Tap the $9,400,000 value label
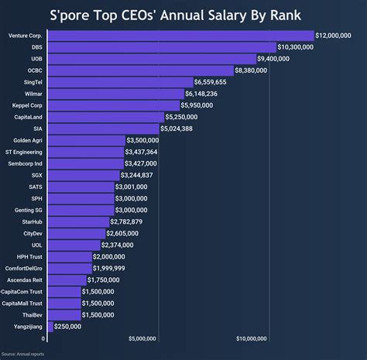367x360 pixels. point(278,59)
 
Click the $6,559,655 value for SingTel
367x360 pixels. point(211,82)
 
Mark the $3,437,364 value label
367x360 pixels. point(141,152)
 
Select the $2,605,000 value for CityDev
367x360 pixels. point(124,233)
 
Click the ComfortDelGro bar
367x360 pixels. point(69,268)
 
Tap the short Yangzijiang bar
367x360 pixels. point(50,327)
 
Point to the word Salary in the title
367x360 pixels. point(227,14)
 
